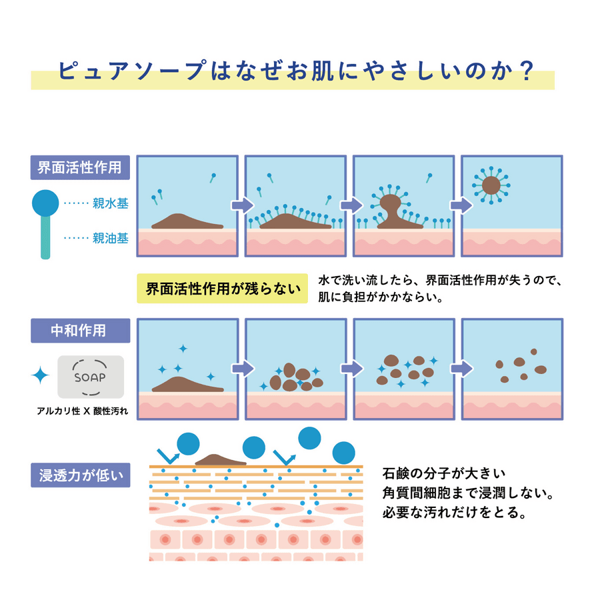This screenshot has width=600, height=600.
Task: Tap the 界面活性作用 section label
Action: [x=80, y=167]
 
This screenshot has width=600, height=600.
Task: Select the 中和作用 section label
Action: [x=81, y=331]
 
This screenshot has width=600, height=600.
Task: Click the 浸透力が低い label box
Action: [x=81, y=475]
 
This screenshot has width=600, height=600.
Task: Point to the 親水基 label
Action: [x=110, y=203]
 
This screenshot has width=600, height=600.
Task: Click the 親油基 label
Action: [x=110, y=238]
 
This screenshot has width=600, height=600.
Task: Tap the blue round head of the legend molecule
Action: [x=45, y=203]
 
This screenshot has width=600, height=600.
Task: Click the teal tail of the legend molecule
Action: [x=45, y=237]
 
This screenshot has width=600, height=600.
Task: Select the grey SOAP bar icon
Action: [x=91, y=377]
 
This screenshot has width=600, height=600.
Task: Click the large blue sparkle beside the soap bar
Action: [x=40, y=375]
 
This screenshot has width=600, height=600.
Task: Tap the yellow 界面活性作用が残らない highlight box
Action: [x=222, y=289]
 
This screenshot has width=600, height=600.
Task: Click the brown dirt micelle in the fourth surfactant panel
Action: [x=491, y=185]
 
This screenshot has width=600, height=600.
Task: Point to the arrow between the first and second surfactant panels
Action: [x=243, y=205]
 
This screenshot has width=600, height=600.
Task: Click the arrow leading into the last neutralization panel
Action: [x=462, y=369]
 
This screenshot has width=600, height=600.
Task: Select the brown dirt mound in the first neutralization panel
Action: [x=187, y=384]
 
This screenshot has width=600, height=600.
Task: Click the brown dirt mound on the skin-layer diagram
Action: [x=221, y=459]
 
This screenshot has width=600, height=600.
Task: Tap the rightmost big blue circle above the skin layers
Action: [x=343, y=453]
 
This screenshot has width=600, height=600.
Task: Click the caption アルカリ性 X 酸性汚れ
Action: [x=82, y=411]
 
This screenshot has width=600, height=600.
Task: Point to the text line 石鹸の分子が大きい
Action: [x=444, y=474]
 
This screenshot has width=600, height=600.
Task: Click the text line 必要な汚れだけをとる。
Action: [x=455, y=513]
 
